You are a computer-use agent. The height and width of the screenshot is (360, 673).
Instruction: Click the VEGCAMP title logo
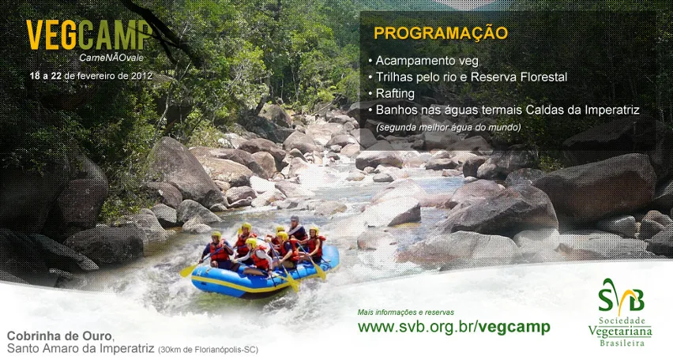pos(89,36)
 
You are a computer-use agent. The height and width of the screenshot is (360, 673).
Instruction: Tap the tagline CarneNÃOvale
pos(111,58)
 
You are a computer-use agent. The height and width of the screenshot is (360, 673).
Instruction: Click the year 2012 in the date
pos(141,76)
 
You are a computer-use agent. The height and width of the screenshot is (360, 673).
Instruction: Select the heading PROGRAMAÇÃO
pos(441,33)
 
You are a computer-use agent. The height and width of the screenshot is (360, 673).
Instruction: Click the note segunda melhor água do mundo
pos(449,127)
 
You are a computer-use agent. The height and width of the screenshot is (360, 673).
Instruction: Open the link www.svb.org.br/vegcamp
pos(453,327)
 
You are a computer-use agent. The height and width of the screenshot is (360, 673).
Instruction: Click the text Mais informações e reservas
pos(405,313)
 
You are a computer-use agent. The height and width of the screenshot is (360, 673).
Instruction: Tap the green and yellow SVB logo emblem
pos(621,297)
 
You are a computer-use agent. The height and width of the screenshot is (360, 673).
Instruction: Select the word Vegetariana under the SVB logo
pos(620,332)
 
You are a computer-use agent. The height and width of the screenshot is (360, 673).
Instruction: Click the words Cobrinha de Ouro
pos(60,336)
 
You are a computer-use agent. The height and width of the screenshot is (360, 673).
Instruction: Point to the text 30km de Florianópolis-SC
pos(209,350)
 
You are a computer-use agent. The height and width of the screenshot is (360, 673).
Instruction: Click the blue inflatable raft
pos(265,273)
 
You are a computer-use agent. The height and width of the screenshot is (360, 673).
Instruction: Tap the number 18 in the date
pos(34,76)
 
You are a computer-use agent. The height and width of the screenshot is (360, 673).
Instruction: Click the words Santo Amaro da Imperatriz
pos(81,348)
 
